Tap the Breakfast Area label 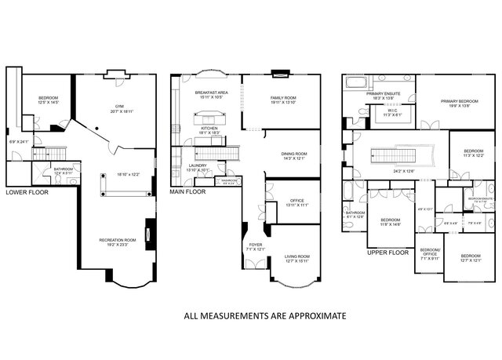coord(211,93)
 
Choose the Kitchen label coord(209,129)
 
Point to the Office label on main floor coord(296,200)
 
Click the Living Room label coord(297,256)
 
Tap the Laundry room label coord(198,165)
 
